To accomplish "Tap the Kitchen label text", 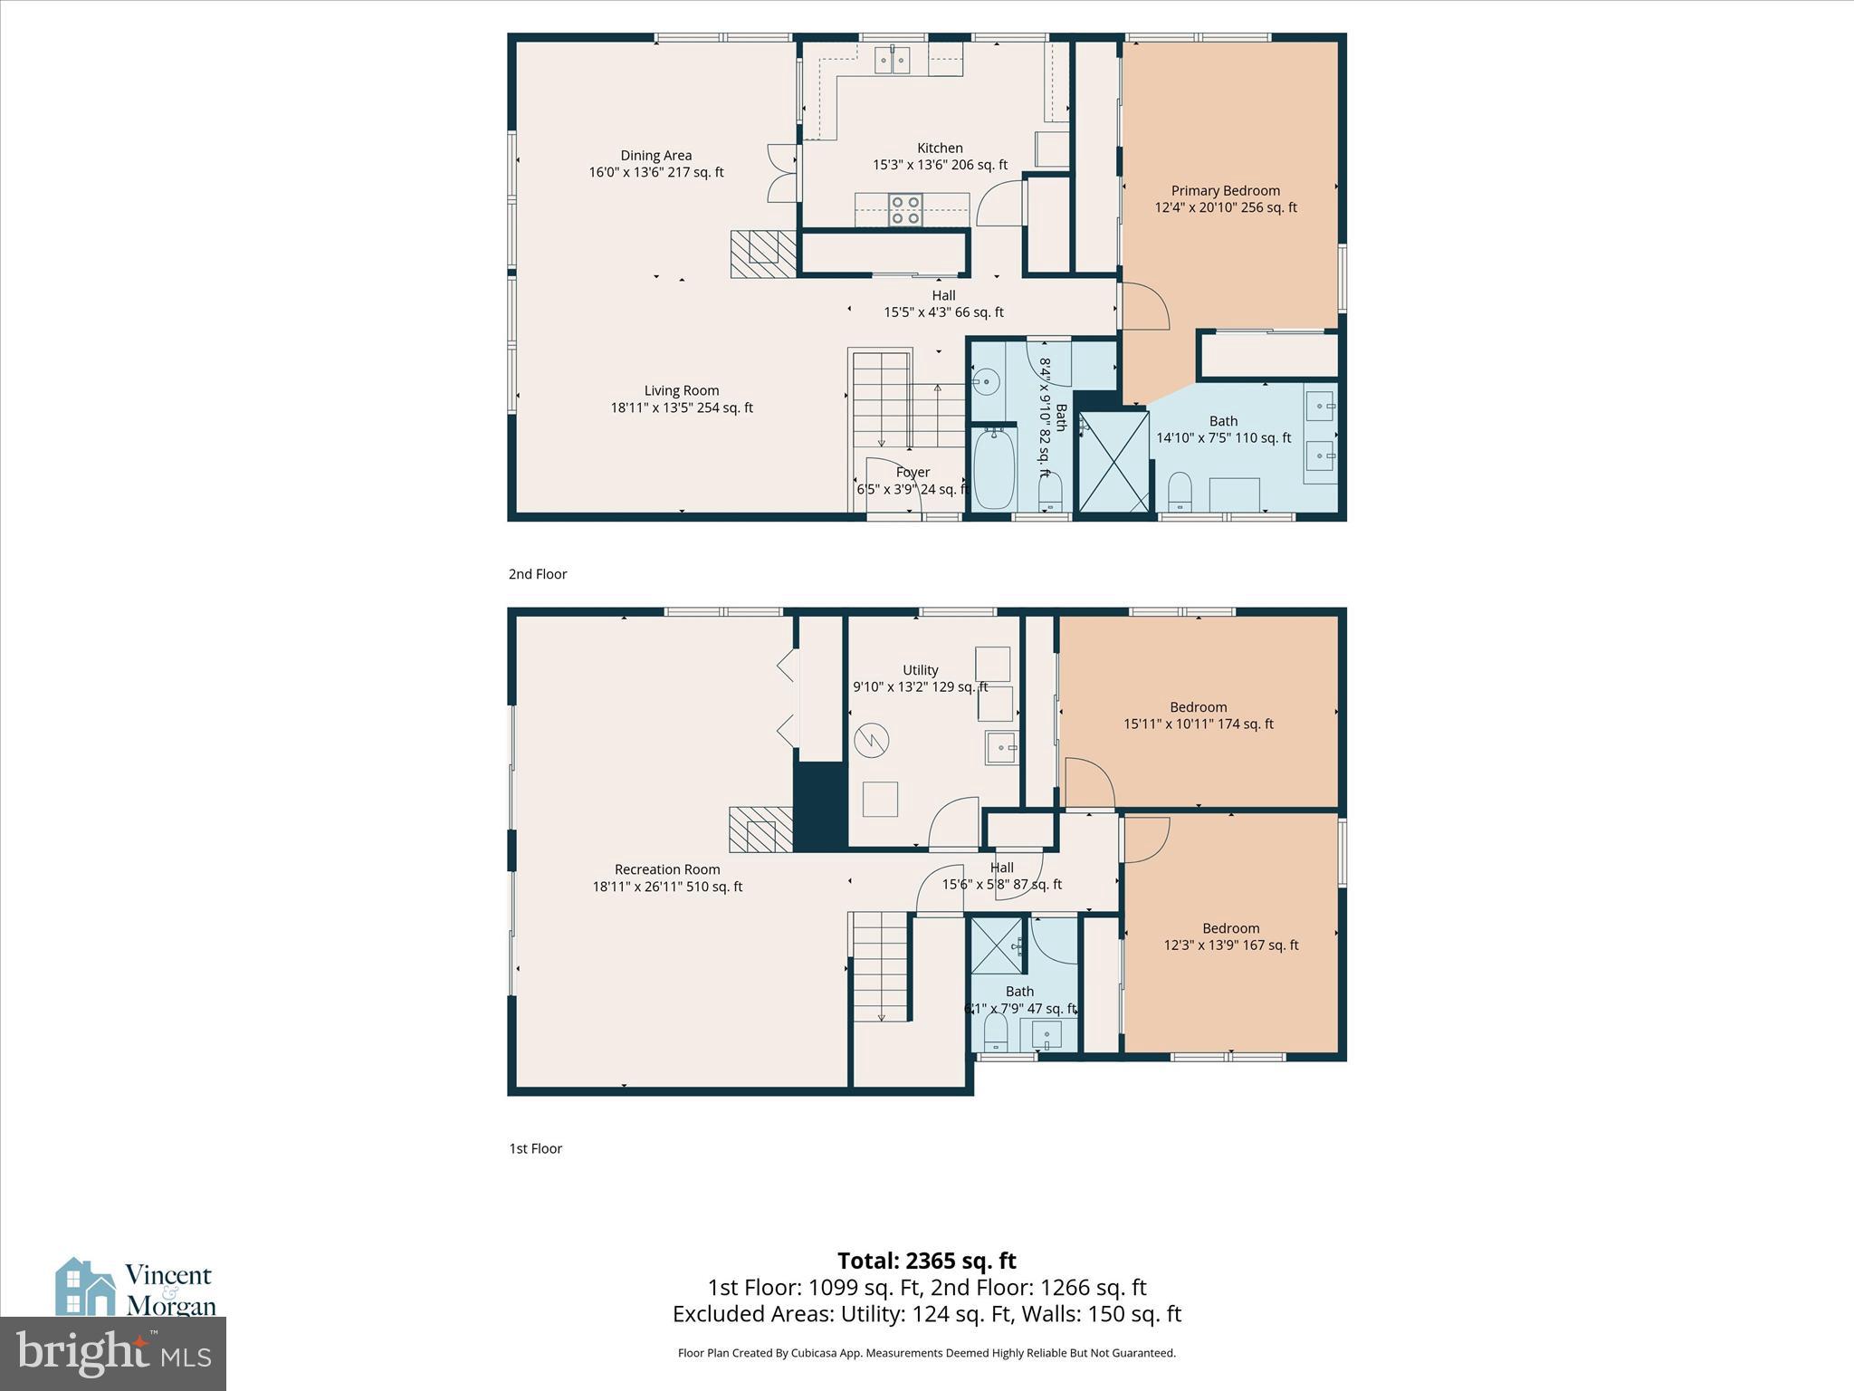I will click(x=940, y=149).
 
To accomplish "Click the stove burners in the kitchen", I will click(x=904, y=210).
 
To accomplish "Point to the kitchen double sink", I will click(x=892, y=60).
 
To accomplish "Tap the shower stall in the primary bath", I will click(x=1113, y=462).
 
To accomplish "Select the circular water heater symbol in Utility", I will click(x=872, y=741).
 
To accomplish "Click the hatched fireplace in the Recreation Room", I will click(x=761, y=830).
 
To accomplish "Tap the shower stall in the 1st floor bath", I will click(x=997, y=945).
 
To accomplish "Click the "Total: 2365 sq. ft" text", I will click(x=926, y=1261).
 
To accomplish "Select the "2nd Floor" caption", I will click(x=538, y=574).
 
